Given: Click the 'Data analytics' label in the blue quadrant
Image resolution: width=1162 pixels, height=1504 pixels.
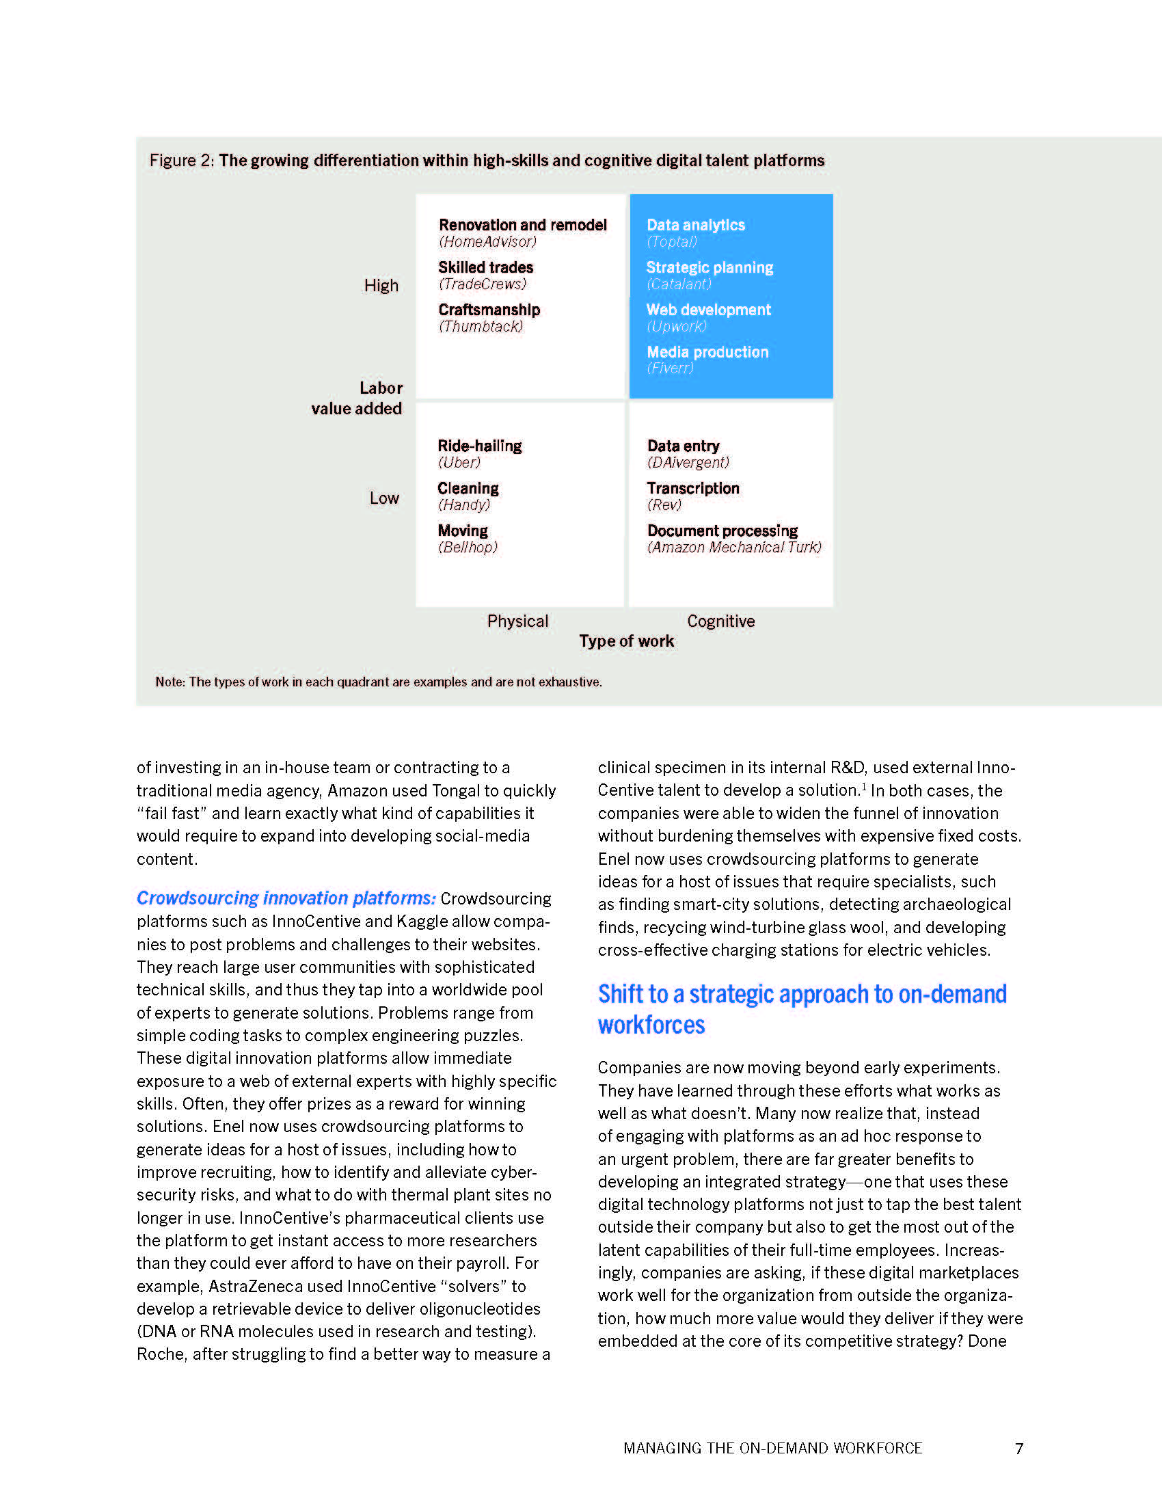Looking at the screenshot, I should click(x=695, y=225).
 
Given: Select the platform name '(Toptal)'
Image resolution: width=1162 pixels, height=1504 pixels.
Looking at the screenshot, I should click(x=672, y=242).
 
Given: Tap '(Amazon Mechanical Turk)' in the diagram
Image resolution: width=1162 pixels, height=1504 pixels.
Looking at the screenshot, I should click(x=734, y=548).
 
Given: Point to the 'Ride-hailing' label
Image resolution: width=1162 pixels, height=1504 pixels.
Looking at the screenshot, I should click(x=480, y=446).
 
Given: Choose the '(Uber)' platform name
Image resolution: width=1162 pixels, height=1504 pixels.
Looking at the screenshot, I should click(x=459, y=463).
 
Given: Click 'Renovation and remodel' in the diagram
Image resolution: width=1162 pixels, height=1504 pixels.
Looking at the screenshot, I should click(x=522, y=225).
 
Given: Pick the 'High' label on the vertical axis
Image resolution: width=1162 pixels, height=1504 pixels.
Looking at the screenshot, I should click(x=381, y=286).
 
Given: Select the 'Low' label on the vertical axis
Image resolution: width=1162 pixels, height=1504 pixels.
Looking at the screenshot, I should click(x=384, y=498).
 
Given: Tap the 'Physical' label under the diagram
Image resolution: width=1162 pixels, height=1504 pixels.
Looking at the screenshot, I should click(x=517, y=621).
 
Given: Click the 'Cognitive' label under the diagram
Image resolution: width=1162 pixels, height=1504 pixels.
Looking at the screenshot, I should click(x=720, y=621).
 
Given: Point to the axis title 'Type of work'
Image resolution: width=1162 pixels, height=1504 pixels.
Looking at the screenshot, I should click(x=626, y=641).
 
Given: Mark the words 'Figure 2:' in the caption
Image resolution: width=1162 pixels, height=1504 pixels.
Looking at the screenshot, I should click(x=182, y=161).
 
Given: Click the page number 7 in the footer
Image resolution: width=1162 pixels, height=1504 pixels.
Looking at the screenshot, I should click(x=1019, y=1448).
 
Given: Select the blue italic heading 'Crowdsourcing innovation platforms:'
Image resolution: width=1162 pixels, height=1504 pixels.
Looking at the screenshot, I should click(x=286, y=898).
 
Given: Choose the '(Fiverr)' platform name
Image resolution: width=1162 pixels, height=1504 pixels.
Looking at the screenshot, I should click(x=670, y=368).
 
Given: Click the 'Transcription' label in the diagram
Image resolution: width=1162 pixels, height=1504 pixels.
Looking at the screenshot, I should click(x=692, y=489).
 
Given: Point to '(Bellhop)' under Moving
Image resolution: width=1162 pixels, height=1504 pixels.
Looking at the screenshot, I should click(x=468, y=548).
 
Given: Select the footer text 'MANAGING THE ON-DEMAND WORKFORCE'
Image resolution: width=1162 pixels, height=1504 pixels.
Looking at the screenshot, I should click(x=772, y=1448).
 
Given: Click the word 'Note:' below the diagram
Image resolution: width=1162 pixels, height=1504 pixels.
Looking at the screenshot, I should click(x=170, y=682).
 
